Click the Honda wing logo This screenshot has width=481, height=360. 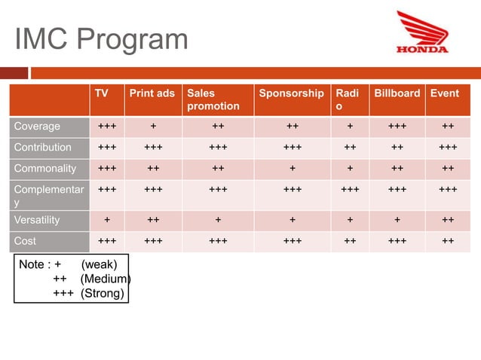(x=422, y=32)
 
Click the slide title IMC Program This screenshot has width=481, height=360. (x=101, y=39)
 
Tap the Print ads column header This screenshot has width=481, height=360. (x=152, y=93)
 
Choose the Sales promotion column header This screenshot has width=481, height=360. (x=213, y=99)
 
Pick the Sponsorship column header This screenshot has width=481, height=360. (x=291, y=93)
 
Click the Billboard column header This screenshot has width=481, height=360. (x=397, y=93)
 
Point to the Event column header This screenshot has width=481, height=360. (x=445, y=93)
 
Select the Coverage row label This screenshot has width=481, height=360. (x=37, y=126)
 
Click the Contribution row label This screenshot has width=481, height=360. (x=42, y=147)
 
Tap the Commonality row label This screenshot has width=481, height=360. (x=44, y=168)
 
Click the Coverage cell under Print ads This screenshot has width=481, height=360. (x=153, y=126)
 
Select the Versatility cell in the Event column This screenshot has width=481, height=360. (x=448, y=220)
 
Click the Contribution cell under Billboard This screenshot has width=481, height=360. (x=397, y=147)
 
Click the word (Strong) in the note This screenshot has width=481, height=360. (x=103, y=293)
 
